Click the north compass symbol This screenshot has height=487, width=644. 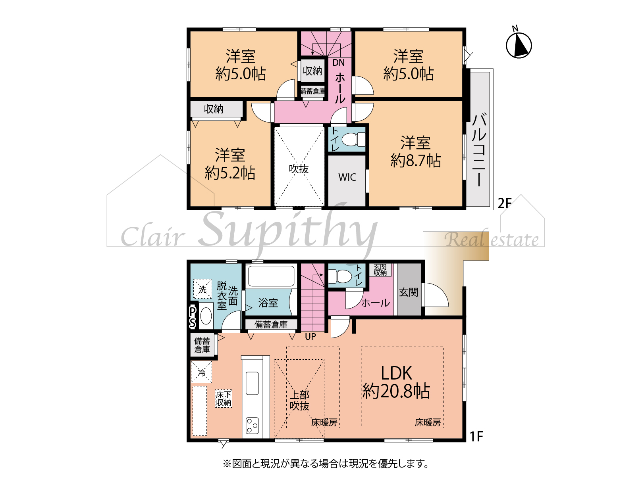click(x=519, y=45)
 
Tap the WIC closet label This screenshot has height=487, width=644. click(x=347, y=177)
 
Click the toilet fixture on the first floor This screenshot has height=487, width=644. click(x=340, y=276)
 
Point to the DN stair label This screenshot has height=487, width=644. click(x=338, y=62)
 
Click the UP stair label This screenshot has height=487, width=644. click(x=310, y=337)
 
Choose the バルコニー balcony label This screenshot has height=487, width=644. click(x=479, y=150)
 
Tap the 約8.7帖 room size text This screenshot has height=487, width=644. click(x=415, y=160)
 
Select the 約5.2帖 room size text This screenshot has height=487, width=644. click(x=230, y=173)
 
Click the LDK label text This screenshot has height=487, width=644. click(x=396, y=373)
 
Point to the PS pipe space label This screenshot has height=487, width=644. click(x=193, y=317)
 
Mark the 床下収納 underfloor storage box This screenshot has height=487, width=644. click(x=224, y=398)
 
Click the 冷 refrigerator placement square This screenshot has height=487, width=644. click(x=202, y=372)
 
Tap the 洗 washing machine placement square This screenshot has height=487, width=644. click(x=202, y=289)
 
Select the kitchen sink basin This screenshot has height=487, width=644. click(x=252, y=383)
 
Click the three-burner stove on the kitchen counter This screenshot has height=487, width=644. click(x=252, y=426)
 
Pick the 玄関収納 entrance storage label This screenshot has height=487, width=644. click(x=380, y=270)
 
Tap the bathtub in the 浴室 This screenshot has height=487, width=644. click(x=271, y=276)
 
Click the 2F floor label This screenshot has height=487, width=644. click(x=504, y=203)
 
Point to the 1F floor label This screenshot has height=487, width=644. click(x=476, y=436)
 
